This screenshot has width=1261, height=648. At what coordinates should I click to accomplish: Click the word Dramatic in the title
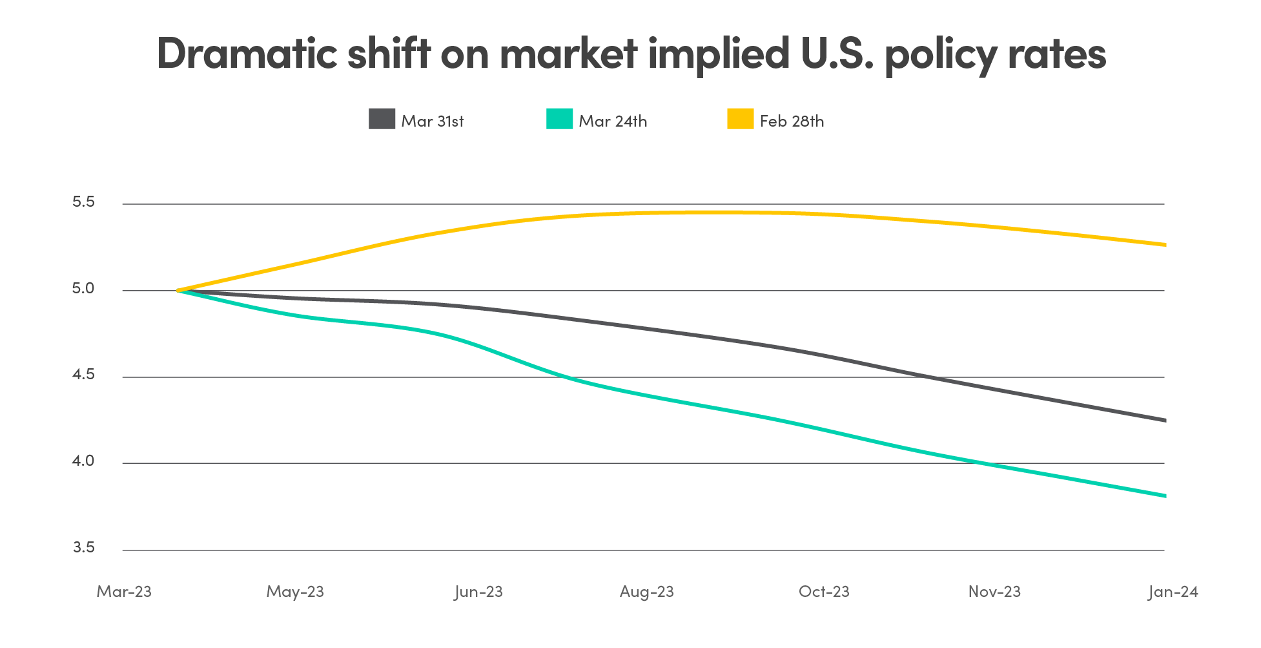247,53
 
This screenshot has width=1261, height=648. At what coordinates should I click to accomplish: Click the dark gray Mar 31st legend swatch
382,119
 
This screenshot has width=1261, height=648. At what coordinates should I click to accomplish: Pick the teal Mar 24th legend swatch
559,119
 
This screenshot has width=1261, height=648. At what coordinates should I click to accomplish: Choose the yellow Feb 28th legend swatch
740,119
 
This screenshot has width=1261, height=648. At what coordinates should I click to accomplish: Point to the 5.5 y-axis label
83,202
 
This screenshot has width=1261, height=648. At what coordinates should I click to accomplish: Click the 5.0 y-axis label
83,289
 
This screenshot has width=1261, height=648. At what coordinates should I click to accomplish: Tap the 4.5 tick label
83,375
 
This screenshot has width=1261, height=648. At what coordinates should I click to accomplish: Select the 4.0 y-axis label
83,461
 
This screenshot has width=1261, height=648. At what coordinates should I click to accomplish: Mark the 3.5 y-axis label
83,548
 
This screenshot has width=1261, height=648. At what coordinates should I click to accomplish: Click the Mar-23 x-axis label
124,592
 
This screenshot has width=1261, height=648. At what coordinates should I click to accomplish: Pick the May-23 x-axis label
295,592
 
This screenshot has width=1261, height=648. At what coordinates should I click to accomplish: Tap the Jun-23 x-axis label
478,592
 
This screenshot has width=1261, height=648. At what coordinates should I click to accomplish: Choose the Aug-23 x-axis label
646,592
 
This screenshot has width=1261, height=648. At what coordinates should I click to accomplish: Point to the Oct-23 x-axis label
824,592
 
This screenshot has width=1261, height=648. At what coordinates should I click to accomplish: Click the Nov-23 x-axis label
994,592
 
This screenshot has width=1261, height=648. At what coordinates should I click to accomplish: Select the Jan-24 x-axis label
1173,592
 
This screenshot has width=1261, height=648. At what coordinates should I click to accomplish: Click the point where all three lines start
179,291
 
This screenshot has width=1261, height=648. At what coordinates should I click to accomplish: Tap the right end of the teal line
1164,496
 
